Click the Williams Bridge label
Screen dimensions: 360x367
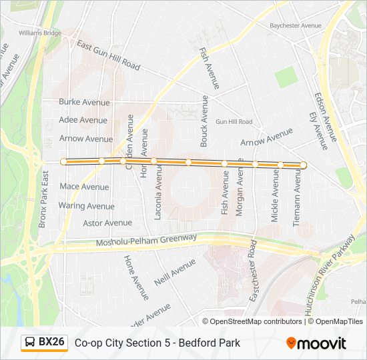(40, 33)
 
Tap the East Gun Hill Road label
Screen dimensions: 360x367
(108, 55)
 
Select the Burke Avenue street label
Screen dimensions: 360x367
(84, 102)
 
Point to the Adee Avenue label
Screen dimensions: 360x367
(83, 120)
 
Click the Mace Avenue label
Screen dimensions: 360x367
(84, 187)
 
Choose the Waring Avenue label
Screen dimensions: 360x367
(86, 206)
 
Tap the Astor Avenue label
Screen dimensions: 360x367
(107, 223)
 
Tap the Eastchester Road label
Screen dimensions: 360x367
(254, 272)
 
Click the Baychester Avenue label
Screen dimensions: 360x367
(296, 25)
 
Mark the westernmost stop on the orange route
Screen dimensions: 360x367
(64, 161)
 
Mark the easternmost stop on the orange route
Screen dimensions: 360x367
(303, 165)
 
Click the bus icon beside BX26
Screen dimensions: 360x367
(30, 343)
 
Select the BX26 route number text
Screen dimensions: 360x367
(51, 342)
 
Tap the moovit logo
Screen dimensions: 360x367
(316, 343)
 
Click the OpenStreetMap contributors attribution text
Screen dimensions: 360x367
(256, 321)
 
